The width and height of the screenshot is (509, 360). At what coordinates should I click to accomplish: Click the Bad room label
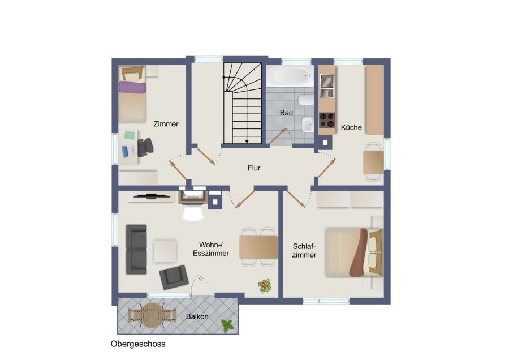pos(286,113)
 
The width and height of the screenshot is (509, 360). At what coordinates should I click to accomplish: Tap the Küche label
pos(351,127)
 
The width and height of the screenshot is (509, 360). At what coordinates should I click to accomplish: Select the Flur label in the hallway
pos(254,168)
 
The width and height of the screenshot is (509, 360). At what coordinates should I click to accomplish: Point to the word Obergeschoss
pos(138,344)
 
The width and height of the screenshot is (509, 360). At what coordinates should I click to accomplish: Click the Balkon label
pos(197,316)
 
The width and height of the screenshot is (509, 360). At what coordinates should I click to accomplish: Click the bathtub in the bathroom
pos(290,76)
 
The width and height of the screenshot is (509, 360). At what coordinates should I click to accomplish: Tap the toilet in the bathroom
pos(305,100)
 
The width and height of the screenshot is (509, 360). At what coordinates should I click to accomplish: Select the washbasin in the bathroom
pos(307,125)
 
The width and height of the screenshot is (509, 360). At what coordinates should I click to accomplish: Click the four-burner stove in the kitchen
pos(327,119)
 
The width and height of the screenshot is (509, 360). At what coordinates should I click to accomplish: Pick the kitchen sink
pos(327,86)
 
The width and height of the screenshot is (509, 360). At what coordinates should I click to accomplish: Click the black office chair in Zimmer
pos(145,147)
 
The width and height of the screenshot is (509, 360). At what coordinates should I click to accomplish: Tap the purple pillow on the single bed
pos(132,87)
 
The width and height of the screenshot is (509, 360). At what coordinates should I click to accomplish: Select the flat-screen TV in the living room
pos(151,196)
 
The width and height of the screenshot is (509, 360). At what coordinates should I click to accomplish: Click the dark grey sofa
pos(136,249)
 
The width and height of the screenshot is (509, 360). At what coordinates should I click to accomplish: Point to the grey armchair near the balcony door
pos(174,277)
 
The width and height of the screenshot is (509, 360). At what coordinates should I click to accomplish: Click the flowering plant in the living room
pos(265,286)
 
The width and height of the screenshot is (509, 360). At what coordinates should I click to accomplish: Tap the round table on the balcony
pos(152,315)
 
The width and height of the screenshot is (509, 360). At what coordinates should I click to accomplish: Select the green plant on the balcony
pos(227,325)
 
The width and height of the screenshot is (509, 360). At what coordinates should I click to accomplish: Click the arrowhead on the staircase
pos(247,142)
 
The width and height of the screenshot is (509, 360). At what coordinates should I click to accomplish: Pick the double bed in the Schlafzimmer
pos(354,252)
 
